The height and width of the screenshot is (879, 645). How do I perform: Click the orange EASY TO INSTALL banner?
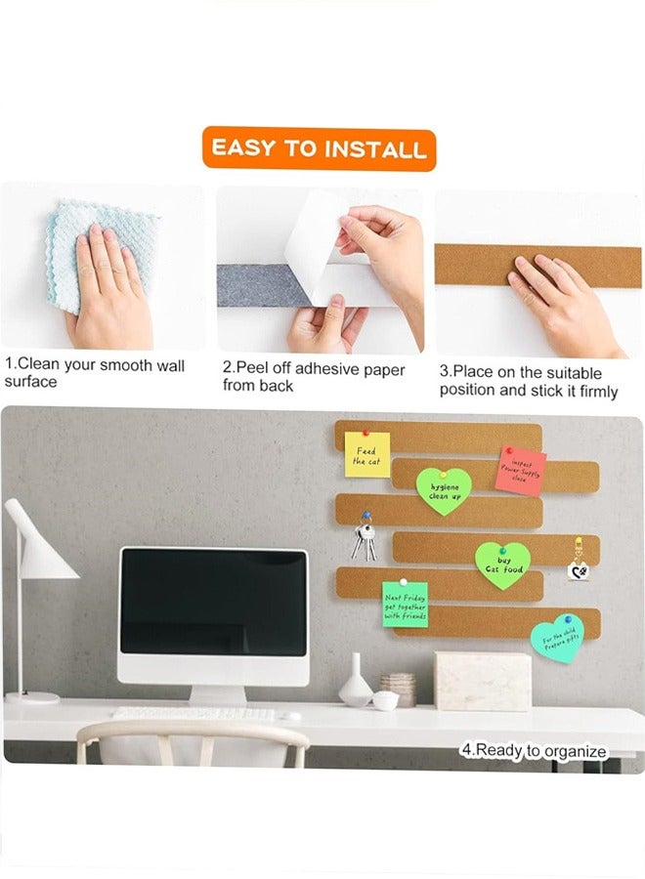click(320, 148)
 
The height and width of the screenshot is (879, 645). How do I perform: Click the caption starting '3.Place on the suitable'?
click(528, 381)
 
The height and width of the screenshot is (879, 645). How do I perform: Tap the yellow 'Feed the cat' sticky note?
click(366, 455)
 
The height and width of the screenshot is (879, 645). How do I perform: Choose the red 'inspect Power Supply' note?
click(520, 471)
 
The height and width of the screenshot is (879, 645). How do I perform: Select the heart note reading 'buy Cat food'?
click(502, 564)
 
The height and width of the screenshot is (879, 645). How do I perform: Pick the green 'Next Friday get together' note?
click(405, 605)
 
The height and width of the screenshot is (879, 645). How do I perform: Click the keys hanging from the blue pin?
click(362, 540)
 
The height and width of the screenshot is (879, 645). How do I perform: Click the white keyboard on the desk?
click(195, 714)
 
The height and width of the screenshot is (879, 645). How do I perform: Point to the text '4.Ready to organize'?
click(534, 751)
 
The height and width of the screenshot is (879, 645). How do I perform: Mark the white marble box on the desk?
click(483, 680)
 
